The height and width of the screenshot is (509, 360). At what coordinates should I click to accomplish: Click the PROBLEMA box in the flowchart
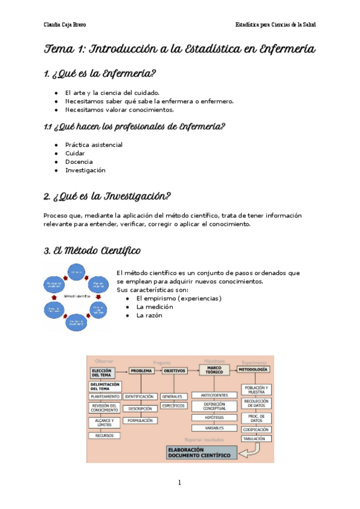tap(140, 371)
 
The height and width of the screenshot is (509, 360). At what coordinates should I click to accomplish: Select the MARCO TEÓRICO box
tap(214, 370)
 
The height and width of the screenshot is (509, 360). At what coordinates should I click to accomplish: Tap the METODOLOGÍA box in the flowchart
tap(254, 370)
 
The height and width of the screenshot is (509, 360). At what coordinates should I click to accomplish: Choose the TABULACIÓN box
tap(256, 439)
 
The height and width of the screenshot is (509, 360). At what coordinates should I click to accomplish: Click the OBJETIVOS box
tap(175, 371)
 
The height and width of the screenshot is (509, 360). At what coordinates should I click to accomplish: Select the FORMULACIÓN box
tap(140, 421)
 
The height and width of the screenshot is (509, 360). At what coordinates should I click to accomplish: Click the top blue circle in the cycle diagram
tap(76, 274)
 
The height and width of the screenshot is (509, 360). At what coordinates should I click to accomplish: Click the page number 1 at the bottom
tap(179, 482)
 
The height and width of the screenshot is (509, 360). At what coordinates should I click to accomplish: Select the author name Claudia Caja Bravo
tap(64, 25)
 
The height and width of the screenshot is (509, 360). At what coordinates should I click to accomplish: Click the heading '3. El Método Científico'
tap(92, 250)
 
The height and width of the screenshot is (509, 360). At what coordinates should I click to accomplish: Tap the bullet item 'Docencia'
tap(79, 161)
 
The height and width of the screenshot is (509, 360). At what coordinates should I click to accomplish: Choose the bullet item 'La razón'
tap(149, 315)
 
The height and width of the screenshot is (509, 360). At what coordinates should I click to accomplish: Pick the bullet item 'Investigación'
tap(85, 170)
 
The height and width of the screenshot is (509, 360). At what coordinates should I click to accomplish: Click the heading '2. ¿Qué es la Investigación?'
tap(107, 196)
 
